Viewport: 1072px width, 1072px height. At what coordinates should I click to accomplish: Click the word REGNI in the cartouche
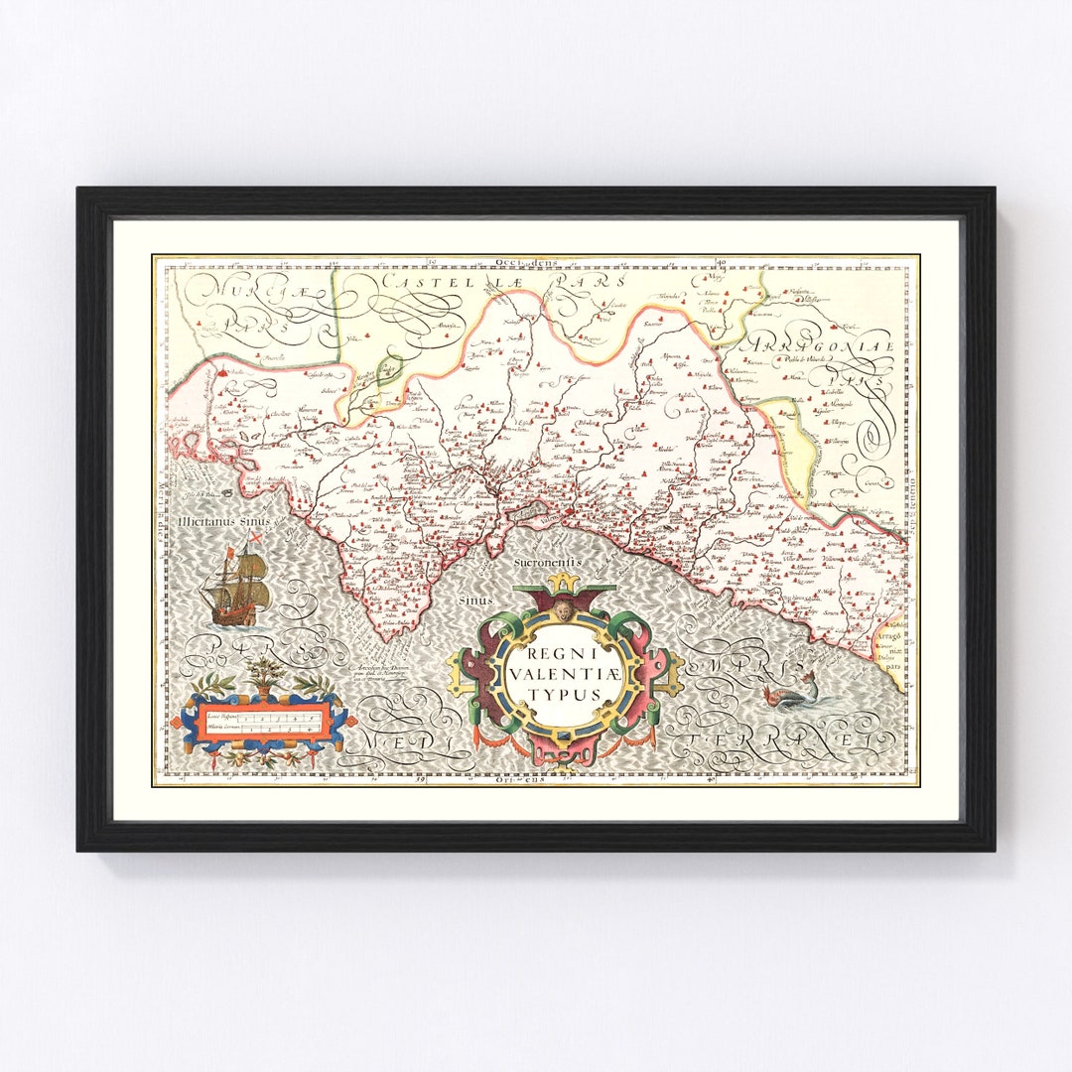(x=560, y=655)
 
